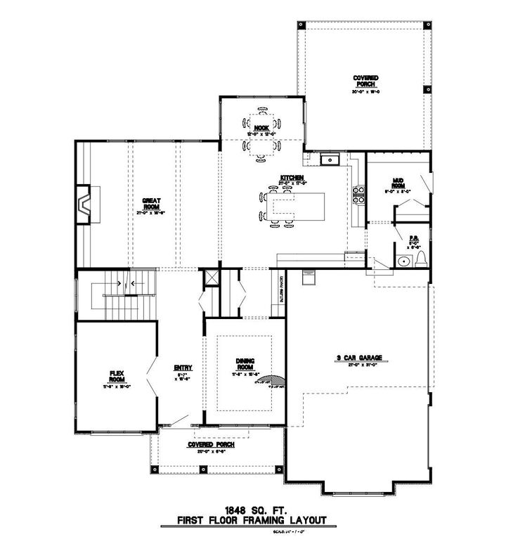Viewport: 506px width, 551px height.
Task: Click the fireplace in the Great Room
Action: tap(84, 205)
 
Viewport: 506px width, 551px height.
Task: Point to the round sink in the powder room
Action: tap(402, 262)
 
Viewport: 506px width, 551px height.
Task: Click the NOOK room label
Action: tap(262, 128)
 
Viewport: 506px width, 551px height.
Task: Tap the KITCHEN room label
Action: tap(290, 178)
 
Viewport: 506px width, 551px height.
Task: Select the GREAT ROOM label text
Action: tap(151, 204)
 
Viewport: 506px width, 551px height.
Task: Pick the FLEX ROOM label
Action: tap(117, 376)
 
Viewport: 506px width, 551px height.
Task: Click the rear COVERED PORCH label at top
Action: tap(366, 80)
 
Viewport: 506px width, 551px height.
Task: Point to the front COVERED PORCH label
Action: tap(210, 445)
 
